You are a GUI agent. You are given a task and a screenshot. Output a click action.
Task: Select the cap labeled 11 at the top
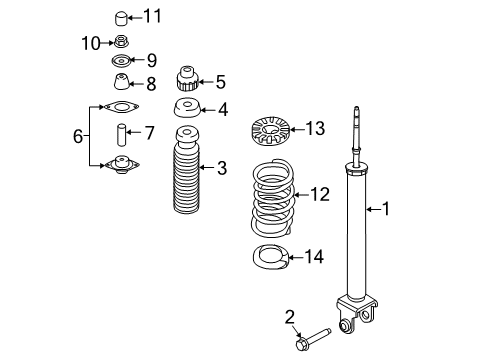coord(121,18)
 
